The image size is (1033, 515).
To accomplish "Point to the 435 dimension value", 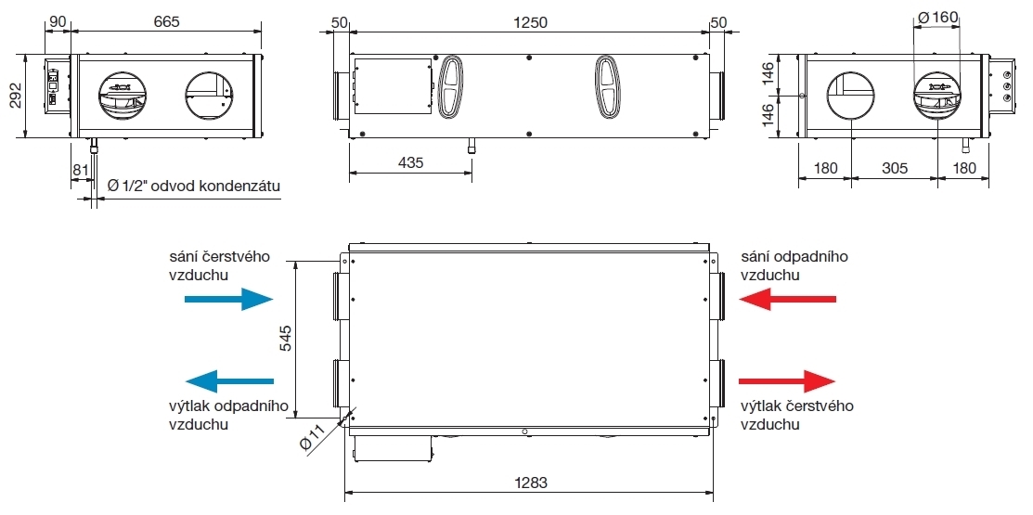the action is (410, 162).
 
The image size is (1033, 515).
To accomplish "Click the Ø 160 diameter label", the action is (936, 18).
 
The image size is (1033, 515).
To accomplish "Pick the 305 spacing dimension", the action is (894, 168).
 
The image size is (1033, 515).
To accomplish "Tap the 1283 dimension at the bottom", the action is (530, 483).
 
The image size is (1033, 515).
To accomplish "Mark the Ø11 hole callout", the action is (313, 438).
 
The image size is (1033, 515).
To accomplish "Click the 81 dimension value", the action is (80, 170).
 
